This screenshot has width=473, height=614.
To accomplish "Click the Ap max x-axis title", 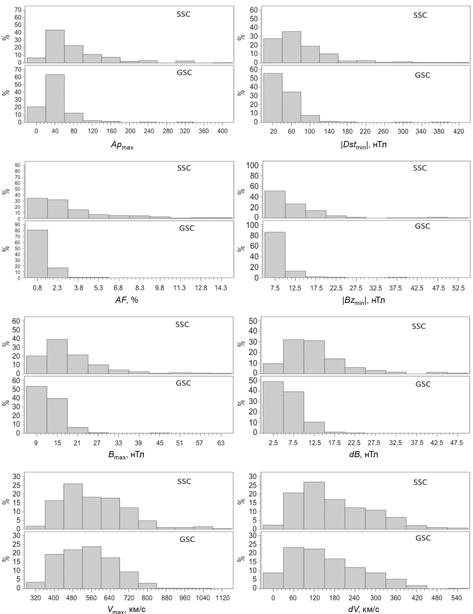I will point(122,145).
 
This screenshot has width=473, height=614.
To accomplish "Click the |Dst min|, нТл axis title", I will point(364,145).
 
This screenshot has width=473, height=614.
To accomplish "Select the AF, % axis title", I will point(127,300).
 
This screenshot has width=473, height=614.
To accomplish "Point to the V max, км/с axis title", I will point(127,610).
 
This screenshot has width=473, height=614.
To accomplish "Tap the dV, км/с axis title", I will point(364,610).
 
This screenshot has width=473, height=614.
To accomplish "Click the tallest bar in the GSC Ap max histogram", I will point(55,98).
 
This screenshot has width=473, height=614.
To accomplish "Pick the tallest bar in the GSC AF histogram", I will point(37,254).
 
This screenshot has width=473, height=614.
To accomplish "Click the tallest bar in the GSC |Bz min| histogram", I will point(275,255).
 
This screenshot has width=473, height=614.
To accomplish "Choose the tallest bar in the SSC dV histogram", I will point(314,505).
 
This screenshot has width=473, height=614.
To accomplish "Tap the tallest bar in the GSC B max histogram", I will point(36,410).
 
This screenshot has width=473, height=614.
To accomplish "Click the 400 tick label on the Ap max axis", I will point(222,131).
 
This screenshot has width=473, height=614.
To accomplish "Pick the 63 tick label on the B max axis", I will point(221,443).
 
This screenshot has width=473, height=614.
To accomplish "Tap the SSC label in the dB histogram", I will point(418,326).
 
